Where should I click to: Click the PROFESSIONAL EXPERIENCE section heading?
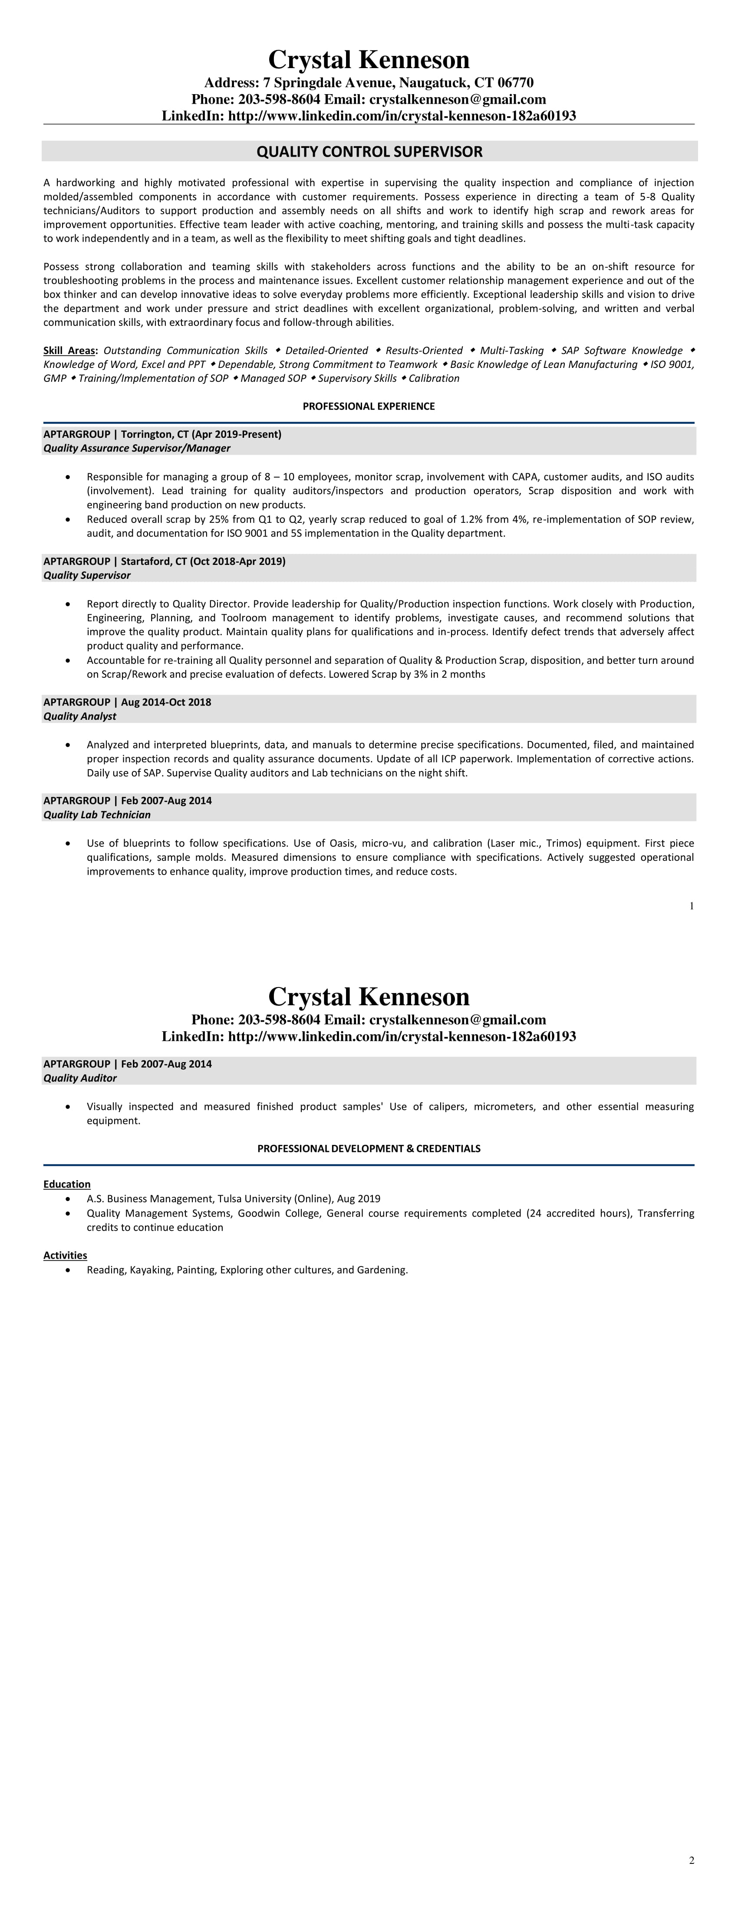coord(369,406)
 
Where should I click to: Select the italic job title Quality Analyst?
coord(79,716)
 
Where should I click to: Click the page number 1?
coord(691,905)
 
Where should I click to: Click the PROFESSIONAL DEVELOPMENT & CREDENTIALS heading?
coord(369,1149)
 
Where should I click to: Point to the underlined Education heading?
coord(67,1184)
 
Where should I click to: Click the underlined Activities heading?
coord(65,1255)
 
